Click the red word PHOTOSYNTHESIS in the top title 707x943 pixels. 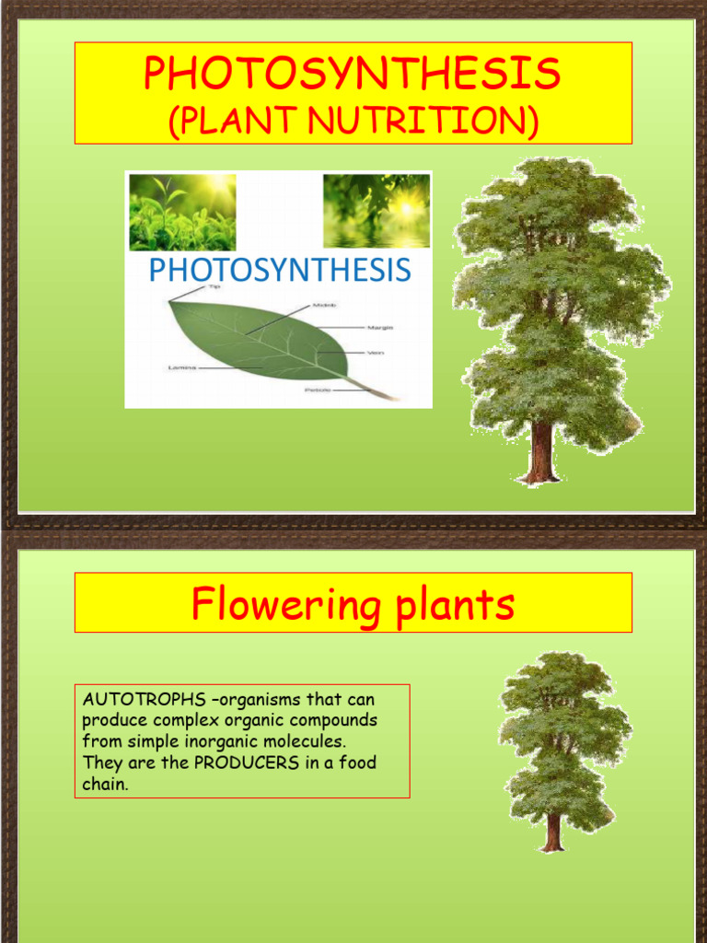352,75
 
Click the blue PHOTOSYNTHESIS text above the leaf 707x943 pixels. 279,270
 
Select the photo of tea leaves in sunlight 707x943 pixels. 182,212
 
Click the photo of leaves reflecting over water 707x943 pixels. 377,211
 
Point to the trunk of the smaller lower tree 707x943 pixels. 552,831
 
